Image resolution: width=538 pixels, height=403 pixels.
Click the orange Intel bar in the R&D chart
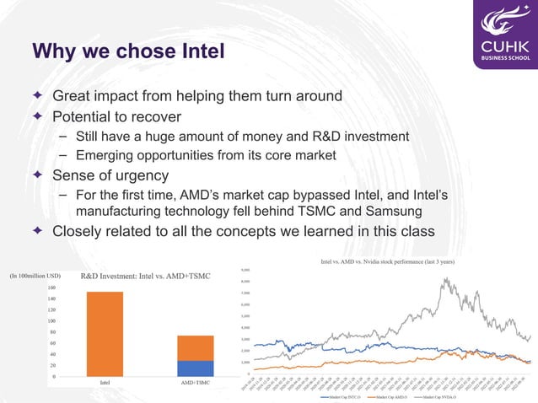(105, 334)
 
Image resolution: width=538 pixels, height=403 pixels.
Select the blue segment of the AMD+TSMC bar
(195, 368)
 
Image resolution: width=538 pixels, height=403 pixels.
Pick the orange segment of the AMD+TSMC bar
(195, 348)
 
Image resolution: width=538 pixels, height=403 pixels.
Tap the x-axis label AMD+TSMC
(195, 384)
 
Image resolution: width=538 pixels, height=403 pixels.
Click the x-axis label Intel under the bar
(105, 384)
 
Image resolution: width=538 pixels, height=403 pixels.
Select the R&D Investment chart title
(145, 276)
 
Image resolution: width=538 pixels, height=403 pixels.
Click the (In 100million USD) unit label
(35, 275)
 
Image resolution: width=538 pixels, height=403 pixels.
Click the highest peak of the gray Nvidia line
(444, 279)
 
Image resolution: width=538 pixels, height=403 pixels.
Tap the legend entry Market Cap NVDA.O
(444, 396)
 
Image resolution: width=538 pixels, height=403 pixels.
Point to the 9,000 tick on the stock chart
(245, 270)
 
